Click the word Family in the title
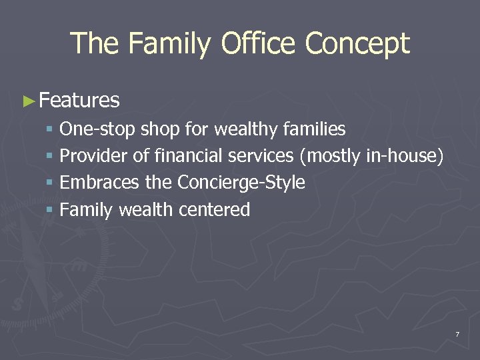(170, 44)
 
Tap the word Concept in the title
(357, 44)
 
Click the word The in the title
(95, 44)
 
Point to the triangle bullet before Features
(28, 101)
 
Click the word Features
(79, 101)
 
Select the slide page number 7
(457, 333)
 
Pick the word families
(314, 129)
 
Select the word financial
(189, 156)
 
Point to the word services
(261, 156)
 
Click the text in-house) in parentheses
(405, 156)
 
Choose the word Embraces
(99, 183)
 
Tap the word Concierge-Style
(241, 183)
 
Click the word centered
(214, 210)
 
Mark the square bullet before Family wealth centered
(51, 211)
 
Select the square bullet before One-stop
(51, 129)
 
